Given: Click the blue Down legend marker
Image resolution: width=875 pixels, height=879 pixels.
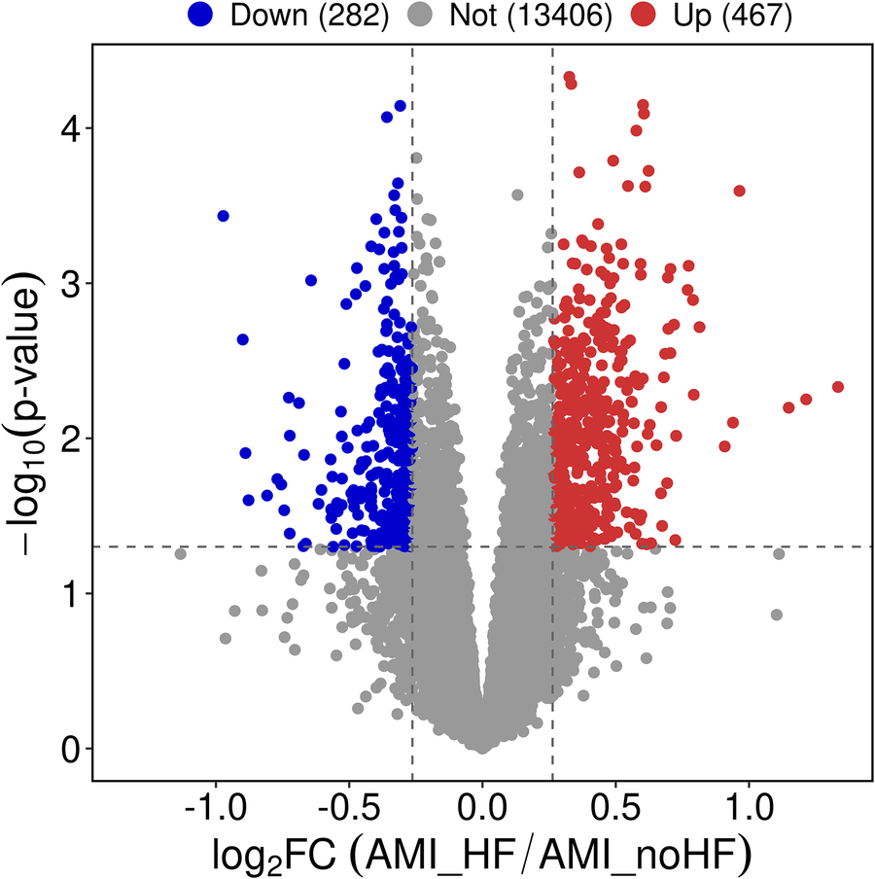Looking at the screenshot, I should point(200,17).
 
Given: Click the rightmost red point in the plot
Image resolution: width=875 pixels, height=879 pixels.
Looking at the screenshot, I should point(838,387).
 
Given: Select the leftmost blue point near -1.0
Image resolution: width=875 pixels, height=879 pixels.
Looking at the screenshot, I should point(223,216).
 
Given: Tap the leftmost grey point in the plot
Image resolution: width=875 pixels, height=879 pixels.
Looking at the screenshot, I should point(180,554).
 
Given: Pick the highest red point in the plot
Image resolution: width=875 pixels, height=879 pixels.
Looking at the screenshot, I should point(569,77).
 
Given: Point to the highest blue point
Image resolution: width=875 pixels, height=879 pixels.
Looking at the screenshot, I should point(400,106).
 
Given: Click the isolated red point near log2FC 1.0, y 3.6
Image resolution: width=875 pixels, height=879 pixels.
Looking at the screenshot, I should point(739,191).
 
